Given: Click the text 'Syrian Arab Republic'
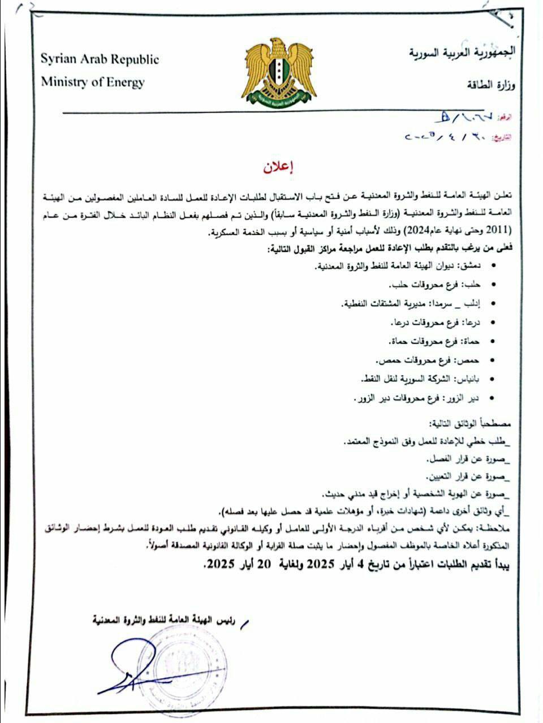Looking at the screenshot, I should (x=100, y=59).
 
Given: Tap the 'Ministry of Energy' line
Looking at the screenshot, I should (x=92, y=82).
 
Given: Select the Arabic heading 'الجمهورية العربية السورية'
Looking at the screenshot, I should (x=462, y=55).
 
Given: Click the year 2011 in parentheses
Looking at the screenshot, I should (x=498, y=230).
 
